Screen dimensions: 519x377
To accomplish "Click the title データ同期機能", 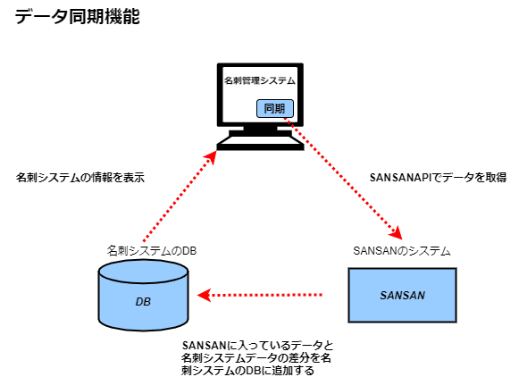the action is tap(77, 16).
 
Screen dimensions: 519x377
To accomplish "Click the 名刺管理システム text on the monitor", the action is tap(259, 80).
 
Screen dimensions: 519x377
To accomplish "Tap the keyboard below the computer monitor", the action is tap(260, 143).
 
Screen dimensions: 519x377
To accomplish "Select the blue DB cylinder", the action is tap(143, 295).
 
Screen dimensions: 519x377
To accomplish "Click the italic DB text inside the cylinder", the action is tap(143, 302).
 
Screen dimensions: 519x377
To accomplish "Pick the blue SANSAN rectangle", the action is tap(402, 295).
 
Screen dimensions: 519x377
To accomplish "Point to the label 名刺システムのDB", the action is tap(152, 250).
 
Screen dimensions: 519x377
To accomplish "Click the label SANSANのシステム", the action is tap(402, 250).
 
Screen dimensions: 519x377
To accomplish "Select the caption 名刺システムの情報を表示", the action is tap(80, 178).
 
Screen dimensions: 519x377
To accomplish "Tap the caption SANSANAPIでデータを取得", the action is tap(438, 178).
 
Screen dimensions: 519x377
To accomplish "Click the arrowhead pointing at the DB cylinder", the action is tap(204, 295).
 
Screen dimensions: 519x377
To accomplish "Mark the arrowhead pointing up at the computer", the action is tap(211, 157).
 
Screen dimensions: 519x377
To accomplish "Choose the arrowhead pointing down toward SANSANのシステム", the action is tap(397, 232).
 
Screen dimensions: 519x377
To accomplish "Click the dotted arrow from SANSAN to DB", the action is tap(260, 295).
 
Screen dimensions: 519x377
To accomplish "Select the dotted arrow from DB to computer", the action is tap(180, 196).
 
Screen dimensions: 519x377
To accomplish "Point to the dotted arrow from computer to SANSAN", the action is tap(343, 179).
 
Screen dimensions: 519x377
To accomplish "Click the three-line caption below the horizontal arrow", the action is tap(257, 358).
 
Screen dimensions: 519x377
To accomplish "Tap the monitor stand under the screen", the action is tap(260, 130).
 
